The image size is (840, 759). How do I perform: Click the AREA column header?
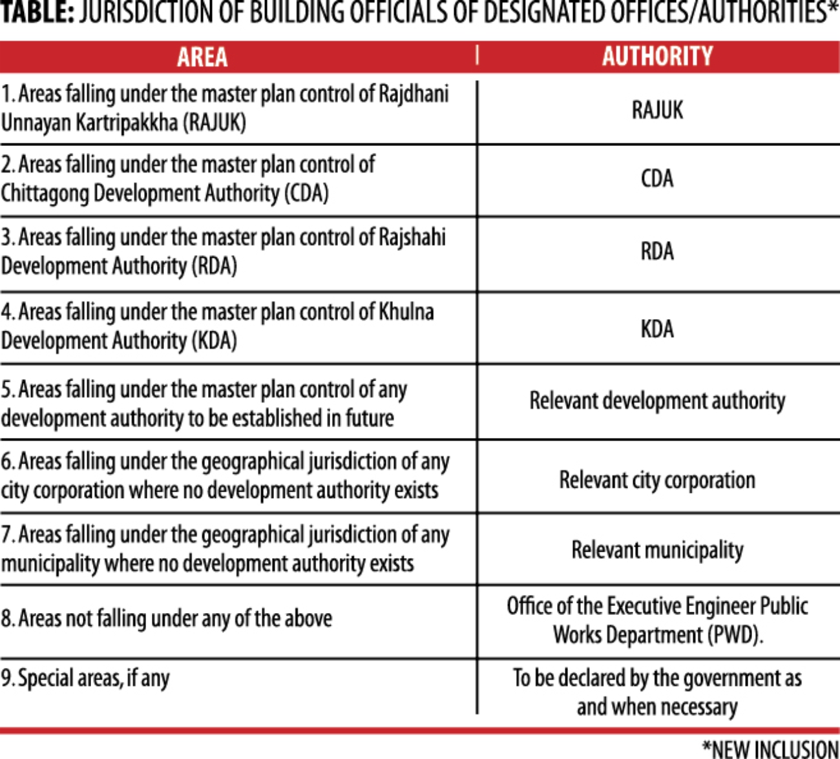(202, 57)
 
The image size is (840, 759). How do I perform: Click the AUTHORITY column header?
(658, 56)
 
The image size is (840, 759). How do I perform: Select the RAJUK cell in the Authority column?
(657, 110)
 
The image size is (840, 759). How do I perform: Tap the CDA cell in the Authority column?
(657, 178)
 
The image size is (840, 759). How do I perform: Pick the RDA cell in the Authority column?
(657, 251)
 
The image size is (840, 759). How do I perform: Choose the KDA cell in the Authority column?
(657, 329)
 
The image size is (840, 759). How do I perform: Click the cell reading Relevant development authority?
(657, 400)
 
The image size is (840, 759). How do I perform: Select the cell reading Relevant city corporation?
(657, 480)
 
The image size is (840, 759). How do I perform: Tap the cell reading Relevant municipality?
(657, 550)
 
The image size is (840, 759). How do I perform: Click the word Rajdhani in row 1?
(414, 94)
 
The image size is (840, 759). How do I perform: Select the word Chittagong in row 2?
(44, 193)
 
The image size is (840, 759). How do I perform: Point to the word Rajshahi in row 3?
(414, 237)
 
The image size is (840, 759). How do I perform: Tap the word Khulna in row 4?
(406, 312)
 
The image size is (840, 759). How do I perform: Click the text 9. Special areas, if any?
(85, 678)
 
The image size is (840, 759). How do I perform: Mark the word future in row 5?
(370, 418)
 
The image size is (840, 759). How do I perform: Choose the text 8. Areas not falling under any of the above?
(167, 619)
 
